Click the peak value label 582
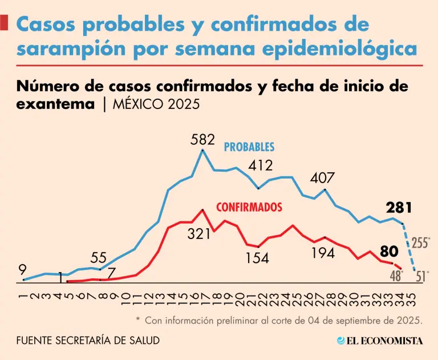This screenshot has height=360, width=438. point(203,139)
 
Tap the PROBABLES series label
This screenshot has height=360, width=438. point(249,147)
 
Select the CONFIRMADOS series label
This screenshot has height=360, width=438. point(249,207)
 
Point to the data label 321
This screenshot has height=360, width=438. point(199,234)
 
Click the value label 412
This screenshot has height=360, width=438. point(260,166)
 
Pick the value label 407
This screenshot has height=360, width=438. point(322,178)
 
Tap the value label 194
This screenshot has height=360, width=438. point(323,253)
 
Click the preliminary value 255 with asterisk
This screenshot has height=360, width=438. point(421,242)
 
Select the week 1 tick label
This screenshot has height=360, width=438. point(23,293)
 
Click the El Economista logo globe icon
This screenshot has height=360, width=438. point(341,341)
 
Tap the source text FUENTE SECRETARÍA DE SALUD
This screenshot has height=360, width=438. point(88,341)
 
